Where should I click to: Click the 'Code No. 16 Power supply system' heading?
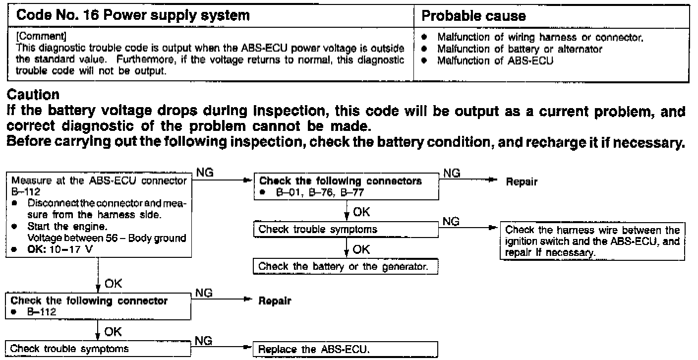pos(133,15)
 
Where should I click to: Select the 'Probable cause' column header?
pos(473,15)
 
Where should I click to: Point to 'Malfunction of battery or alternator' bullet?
pos(520,49)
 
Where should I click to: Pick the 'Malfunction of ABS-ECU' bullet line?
pos(495,60)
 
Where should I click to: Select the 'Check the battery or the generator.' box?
pos(346,266)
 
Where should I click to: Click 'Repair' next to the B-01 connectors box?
pos(522,182)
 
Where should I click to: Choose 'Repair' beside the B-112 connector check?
pos(274,301)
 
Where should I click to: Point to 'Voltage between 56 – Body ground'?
pos(107,238)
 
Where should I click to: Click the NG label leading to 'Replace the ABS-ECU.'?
pos(204,341)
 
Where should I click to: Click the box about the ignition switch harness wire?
pos(592,241)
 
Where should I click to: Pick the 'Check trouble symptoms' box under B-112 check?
pos(98,348)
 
